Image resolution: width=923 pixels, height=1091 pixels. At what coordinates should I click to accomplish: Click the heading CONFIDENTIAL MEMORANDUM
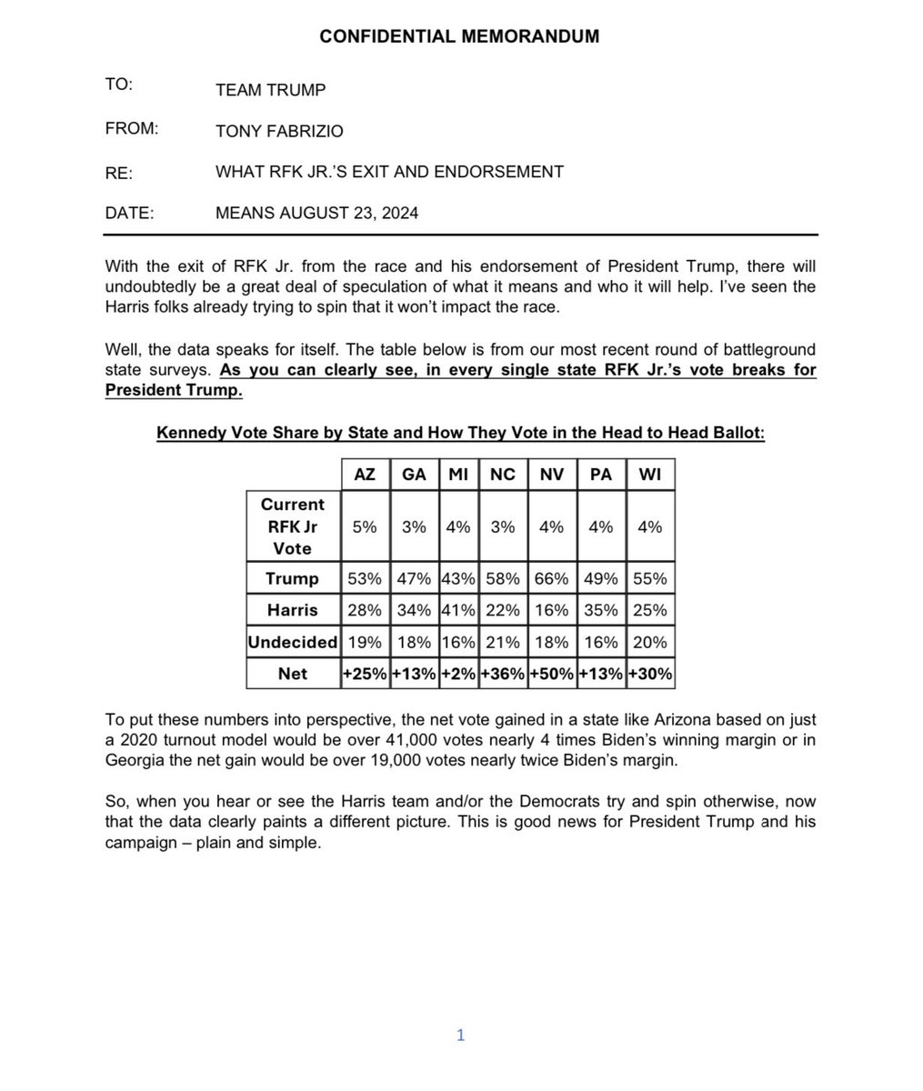click(x=459, y=36)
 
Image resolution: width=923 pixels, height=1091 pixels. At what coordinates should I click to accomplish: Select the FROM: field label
click(x=132, y=129)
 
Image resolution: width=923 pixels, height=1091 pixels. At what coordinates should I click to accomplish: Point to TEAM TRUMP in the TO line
click(x=270, y=89)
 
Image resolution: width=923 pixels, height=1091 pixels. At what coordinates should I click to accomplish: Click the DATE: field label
click(x=130, y=214)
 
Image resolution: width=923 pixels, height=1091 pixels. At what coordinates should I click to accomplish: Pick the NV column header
click(x=552, y=475)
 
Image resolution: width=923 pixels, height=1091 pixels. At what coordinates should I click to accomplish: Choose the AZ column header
click(x=364, y=475)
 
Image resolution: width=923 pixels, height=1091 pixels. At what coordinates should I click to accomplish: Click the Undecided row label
click(x=292, y=642)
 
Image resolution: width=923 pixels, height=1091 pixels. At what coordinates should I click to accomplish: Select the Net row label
click(x=292, y=674)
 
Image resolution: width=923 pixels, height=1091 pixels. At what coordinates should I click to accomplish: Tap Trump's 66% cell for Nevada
click(x=552, y=578)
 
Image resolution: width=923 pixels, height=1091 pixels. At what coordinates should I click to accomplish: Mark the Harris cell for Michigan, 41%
click(x=457, y=610)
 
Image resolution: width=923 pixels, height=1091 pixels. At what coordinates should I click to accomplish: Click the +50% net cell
click(x=552, y=674)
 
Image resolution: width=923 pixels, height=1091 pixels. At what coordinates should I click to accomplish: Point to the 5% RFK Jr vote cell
click(x=364, y=526)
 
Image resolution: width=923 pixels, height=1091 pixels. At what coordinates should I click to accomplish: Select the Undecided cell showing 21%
click(x=503, y=642)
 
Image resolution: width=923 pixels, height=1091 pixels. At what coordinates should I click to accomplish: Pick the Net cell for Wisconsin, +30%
click(x=650, y=674)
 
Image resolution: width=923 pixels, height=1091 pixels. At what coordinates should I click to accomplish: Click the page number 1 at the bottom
click(x=460, y=1035)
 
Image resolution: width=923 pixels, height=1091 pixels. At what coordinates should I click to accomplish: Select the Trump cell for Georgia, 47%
click(x=414, y=578)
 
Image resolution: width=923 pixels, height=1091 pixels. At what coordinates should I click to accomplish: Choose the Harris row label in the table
click(x=292, y=610)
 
